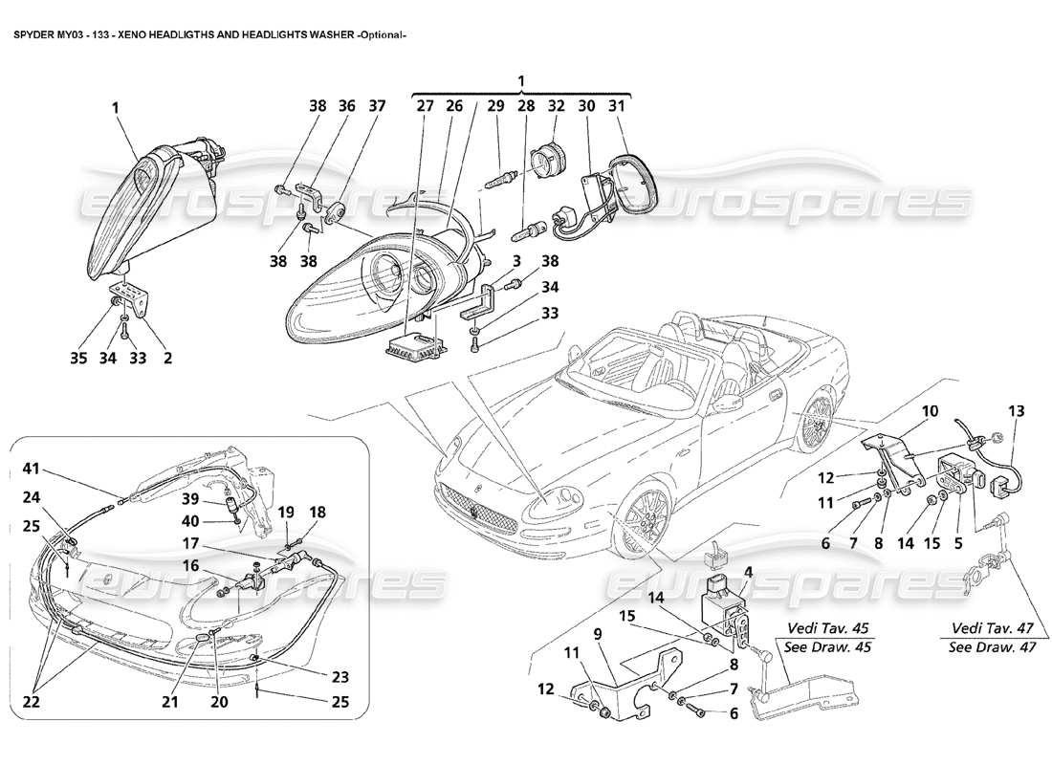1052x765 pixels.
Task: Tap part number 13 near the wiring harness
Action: (x=1015, y=412)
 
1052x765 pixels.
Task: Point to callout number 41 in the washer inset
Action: (x=32, y=469)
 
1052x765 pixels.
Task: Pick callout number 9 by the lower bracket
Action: (x=597, y=632)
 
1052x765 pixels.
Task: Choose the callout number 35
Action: (x=78, y=359)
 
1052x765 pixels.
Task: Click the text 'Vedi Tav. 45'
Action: (x=829, y=628)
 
